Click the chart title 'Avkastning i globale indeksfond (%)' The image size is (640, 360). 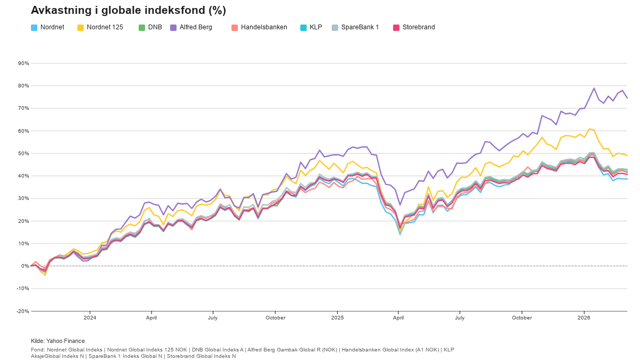click(x=128, y=10)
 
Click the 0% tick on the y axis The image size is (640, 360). click(x=25, y=266)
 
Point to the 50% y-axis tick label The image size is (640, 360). click(x=23, y=154)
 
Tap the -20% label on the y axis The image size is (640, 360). click(x=22, y=311)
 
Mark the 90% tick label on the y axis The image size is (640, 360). click(x=23, y=63)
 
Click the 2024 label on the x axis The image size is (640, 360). click(x=90, y=318)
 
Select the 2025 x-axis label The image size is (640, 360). click(x=337, y=318)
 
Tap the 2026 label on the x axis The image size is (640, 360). click(x=584, y=318)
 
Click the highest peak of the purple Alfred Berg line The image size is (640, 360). click(x=594, y=88)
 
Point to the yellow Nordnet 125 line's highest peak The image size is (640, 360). click(x=589, y=129)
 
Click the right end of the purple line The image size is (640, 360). click(x=627, y=98)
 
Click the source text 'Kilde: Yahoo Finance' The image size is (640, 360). click(x=58, y=341)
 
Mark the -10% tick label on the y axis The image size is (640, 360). click(x=22, y=289)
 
